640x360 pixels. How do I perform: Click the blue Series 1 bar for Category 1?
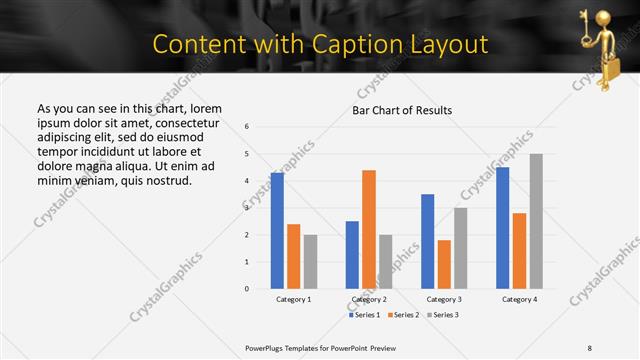pos(277,231)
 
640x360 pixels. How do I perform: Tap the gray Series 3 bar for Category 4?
pos(536,221)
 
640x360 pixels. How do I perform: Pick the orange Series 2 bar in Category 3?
pos(444,264)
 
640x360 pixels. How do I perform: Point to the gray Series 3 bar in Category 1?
pos(310,262)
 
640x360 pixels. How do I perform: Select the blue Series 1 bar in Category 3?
pos(428,241)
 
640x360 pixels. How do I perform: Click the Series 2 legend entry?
pos(402,315)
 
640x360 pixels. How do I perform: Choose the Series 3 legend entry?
pos(443,315)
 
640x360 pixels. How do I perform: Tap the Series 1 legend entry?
pos(362,315)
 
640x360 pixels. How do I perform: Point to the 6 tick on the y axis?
pos(247,127)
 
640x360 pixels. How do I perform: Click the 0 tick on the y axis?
pos(247,289)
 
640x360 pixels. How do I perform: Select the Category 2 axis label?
pos(369,299)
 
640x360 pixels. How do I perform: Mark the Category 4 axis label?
pos(519,299)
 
